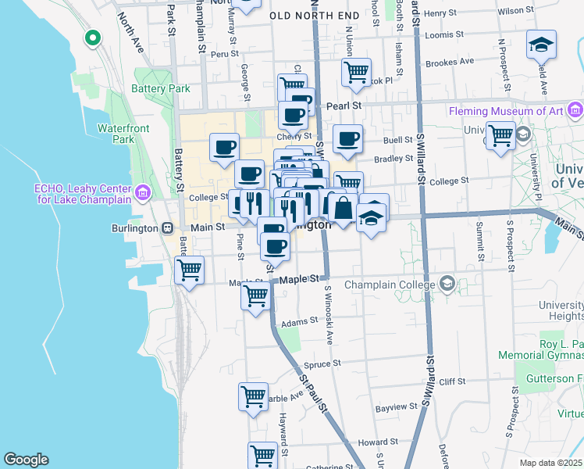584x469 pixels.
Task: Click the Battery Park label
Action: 161,89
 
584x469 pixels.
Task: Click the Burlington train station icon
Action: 167,227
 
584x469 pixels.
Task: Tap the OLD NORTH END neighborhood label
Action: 315,15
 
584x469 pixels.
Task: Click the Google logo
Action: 26,459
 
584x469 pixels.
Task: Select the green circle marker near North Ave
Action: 93,37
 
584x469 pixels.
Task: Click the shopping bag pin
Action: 342,207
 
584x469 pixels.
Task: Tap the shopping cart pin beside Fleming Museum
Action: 500,135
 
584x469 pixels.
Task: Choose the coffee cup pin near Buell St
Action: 347,139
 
